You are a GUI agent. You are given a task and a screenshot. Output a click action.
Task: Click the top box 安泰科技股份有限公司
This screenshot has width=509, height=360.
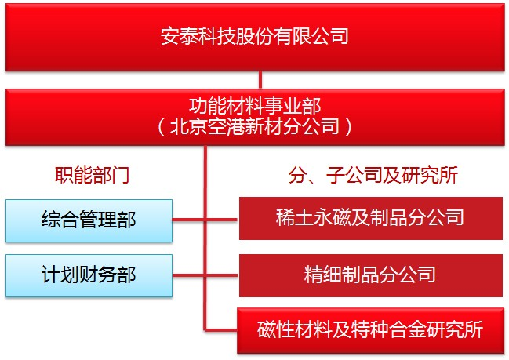tap(254, 36)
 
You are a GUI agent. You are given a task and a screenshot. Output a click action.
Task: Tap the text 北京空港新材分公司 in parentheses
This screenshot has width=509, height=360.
tap(253, 126)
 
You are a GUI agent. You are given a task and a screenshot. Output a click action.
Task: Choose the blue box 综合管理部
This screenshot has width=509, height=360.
tap(89, 220)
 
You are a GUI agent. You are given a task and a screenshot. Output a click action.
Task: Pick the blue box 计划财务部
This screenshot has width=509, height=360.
tap(89, 275)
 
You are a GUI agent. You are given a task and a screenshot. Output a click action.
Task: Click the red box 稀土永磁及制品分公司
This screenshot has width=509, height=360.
tap(370, 217)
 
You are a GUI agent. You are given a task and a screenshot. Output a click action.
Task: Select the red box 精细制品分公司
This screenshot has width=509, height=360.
tap(370, 275)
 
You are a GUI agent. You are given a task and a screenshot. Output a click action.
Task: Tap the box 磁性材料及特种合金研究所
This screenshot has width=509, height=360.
tap(370, 329)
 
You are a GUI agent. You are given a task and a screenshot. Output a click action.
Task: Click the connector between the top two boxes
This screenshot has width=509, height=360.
tap(260, 79)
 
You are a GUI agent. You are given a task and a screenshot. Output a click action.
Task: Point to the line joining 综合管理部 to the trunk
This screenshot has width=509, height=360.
tap(188, 219)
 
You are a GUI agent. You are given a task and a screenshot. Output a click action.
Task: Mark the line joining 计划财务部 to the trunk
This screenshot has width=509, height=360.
tap(188, 274)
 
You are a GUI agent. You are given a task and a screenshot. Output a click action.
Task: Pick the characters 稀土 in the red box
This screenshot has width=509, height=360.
tap(293, 217)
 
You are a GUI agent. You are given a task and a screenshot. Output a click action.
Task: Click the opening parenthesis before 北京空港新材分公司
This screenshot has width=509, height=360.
tap(161, 127)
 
